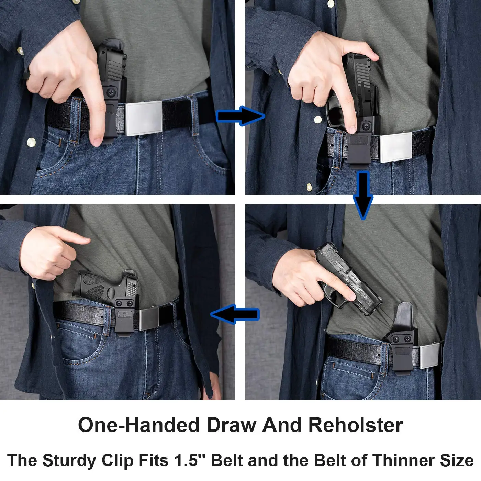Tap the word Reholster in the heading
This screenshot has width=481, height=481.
[x=355, y=425]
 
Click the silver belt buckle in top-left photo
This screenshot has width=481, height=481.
[x=144, y=118]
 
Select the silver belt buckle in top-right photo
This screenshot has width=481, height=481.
[x=396, y=147]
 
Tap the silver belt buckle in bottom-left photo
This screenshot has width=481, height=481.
[x=151, y=318]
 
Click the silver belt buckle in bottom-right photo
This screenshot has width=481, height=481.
[x=430, y=355]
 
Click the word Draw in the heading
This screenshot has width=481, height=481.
[x=231, y=425]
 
